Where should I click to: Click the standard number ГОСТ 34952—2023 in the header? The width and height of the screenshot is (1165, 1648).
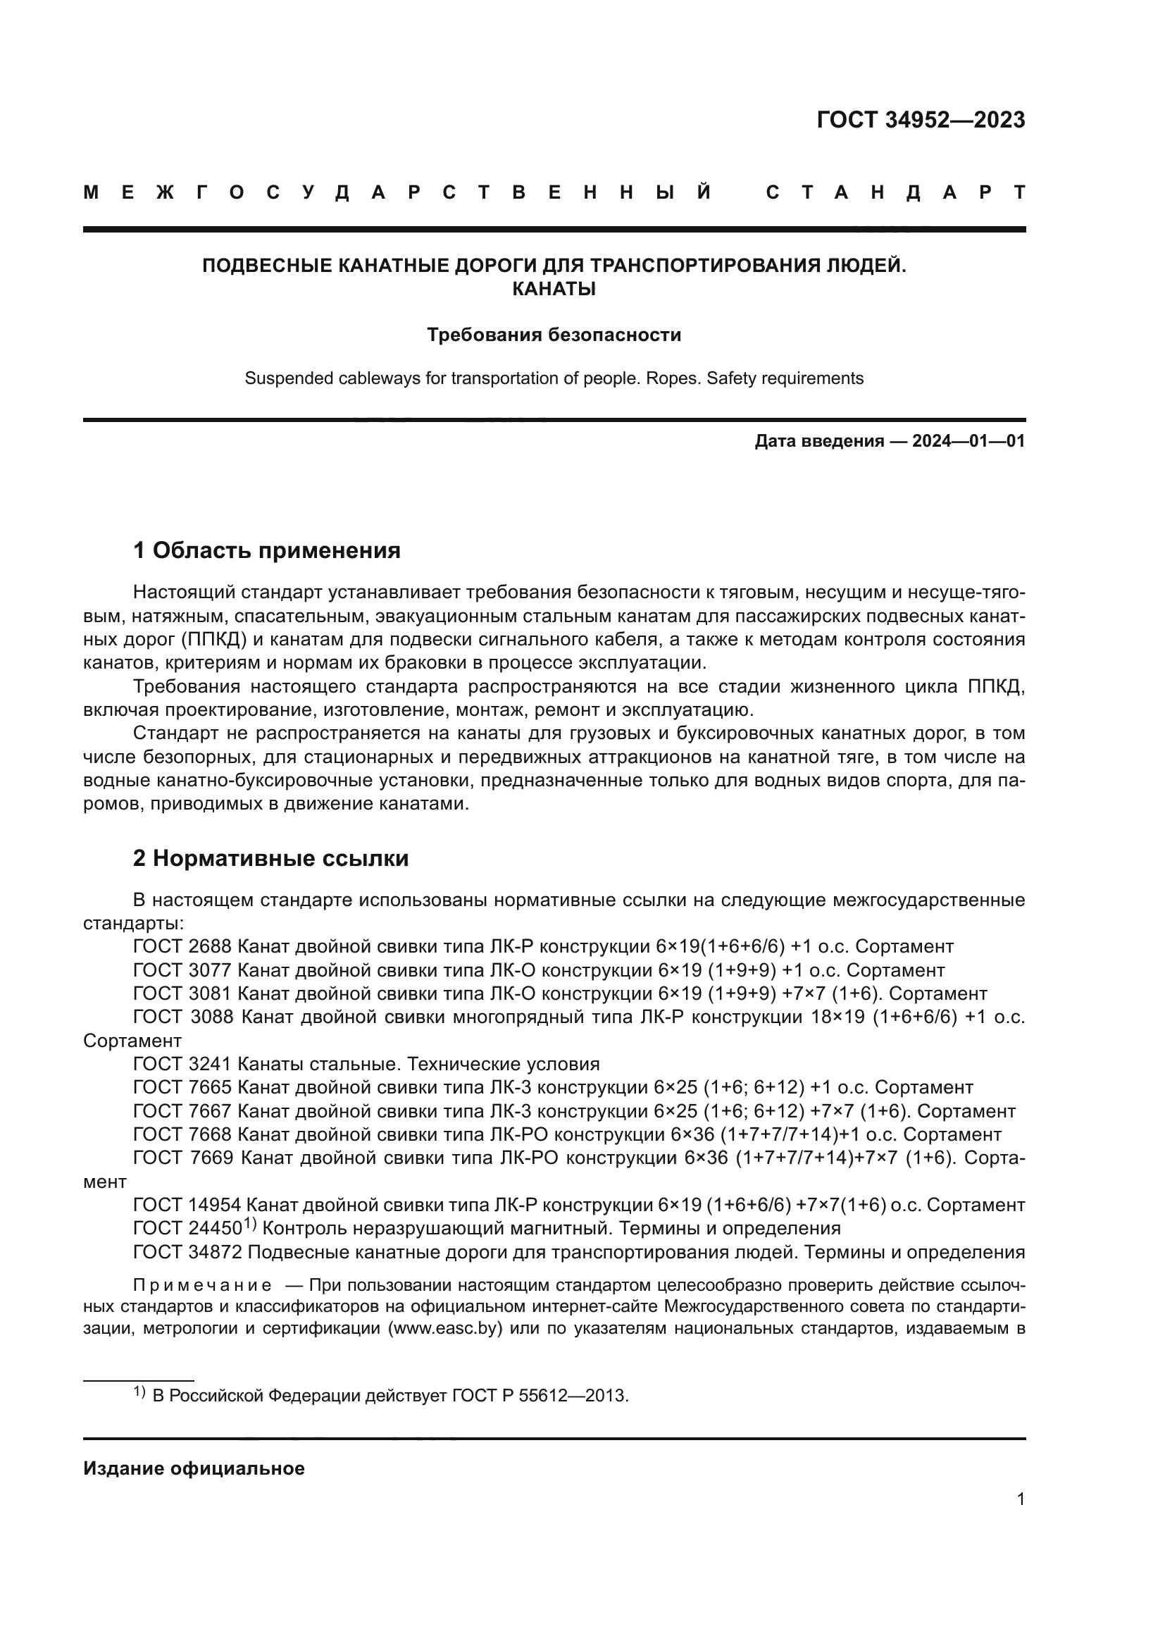[921, 120]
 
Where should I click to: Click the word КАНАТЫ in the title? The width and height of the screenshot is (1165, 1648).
[554, 290]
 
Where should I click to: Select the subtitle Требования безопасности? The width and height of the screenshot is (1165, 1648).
[554, 335]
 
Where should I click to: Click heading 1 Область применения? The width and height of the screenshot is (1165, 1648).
[266, 550]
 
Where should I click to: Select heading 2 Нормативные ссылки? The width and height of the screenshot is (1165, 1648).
[270, 857]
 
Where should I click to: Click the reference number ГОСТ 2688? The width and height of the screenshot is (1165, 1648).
[182, 946]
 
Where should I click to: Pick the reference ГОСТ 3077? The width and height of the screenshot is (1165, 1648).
[182, 969]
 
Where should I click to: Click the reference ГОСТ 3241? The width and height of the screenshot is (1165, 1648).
[182, 1064]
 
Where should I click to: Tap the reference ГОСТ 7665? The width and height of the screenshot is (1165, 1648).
[182, 1087]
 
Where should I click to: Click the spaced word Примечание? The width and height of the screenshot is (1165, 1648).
[202, 1285]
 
